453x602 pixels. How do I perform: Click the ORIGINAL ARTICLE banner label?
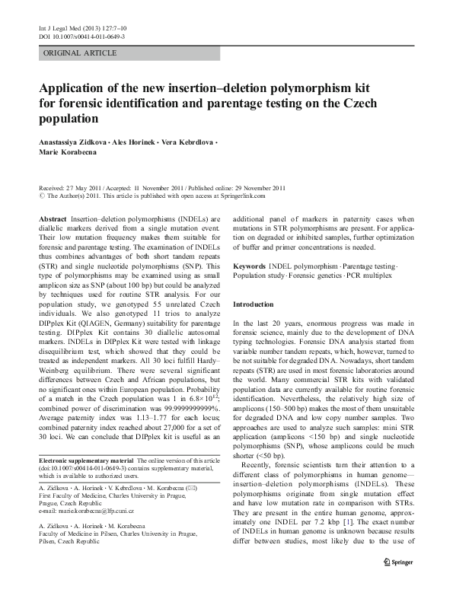(80, 53)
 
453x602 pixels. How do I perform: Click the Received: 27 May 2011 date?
(72, 187)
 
